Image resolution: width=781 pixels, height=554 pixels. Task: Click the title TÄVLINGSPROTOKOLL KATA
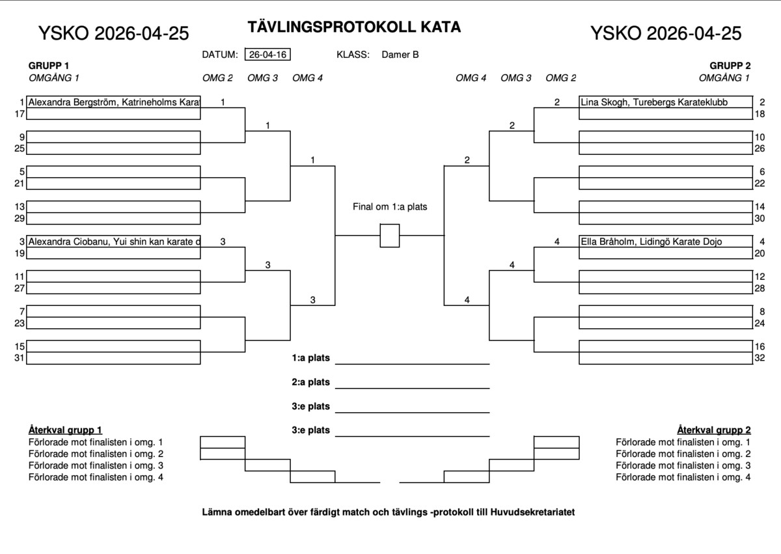click(354, 27)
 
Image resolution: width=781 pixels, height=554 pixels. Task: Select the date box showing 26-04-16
click(267, 55)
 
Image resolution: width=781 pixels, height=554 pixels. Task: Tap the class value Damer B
click(400, 55)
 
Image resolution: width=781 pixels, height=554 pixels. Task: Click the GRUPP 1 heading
click(49, 66)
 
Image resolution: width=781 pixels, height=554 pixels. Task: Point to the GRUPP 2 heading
click(730, 66)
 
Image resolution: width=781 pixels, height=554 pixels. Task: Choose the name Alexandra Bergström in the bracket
click(72, 102)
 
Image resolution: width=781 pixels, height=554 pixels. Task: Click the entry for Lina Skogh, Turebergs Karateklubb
click(654, 102)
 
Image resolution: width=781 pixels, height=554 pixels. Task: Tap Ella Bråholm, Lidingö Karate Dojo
click(651, 242)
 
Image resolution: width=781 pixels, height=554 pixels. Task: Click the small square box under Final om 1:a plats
click(389, 236)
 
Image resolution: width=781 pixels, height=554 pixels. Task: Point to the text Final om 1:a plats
click(390, 207)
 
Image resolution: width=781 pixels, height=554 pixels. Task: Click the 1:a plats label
click(310, 358)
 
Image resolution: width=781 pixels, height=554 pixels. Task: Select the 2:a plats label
click(310, 382)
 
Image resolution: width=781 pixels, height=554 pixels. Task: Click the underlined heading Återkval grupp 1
click(65, 430)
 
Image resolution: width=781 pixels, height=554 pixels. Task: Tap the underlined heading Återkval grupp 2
click(714, 430)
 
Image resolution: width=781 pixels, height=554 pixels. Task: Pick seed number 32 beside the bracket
click(760, 358)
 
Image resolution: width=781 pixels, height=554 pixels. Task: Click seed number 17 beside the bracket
click(20, 114)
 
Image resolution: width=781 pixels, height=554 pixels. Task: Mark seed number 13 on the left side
click(20, 207)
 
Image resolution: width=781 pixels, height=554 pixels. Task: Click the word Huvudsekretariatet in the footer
click(532, 512)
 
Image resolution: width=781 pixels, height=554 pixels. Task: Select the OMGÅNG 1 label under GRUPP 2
click(724, 77)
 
